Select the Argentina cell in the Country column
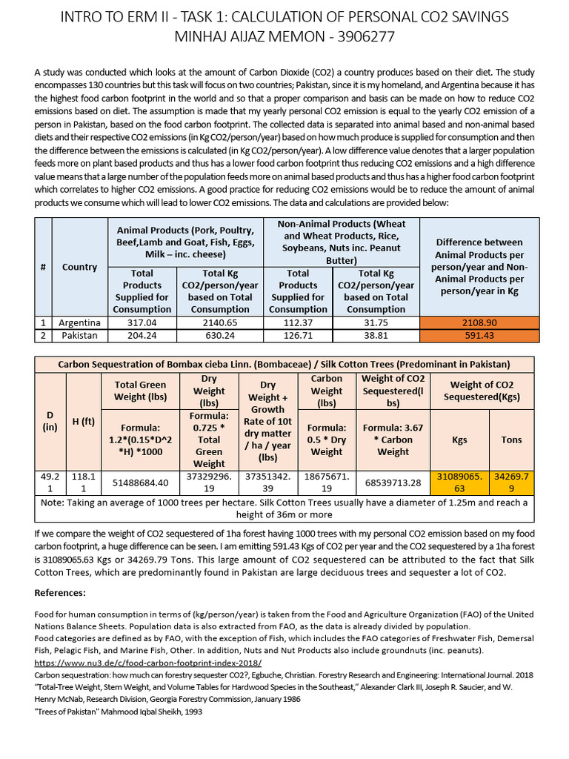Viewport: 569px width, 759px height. pos(80,322)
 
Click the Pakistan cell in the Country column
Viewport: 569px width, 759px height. pos(80,335)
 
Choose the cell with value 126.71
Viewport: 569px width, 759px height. pos(298,335)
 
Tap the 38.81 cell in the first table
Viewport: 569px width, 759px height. pos(376,335)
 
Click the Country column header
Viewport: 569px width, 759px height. pos(80,267)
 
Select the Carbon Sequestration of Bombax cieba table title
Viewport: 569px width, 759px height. pos(284,364)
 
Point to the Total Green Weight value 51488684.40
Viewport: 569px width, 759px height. pos(141,483)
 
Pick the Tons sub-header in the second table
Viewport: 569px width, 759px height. pos(511,440)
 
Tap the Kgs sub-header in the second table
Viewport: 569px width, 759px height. pos(459,440)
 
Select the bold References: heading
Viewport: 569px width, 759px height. pos(60,593)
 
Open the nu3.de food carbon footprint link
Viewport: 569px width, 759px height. pos(148,663)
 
